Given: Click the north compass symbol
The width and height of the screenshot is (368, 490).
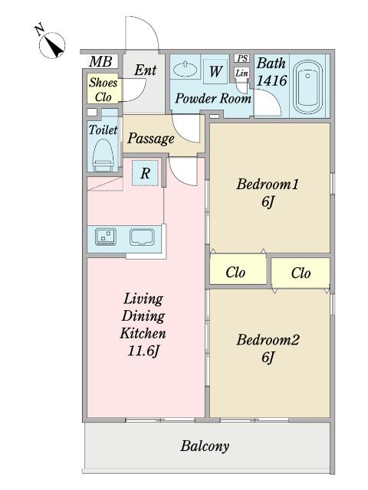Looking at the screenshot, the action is (51, 44).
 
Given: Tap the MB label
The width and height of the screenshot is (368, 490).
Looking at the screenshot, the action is (100, 61).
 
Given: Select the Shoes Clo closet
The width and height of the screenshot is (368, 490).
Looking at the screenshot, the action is (103, 89).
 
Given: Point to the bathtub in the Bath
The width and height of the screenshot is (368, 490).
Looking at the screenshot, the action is (308, 87).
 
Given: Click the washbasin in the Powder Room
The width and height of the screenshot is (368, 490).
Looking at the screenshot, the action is (186, 69).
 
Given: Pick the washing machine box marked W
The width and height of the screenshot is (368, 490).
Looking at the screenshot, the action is (215, 71).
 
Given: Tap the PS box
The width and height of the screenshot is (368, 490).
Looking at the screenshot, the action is (242, 58).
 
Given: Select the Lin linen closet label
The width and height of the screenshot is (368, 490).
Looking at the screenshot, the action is (242, 73).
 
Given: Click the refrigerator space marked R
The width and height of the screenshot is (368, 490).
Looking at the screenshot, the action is (145, 173).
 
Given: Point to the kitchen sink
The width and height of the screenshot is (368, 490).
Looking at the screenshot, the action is (142, 238).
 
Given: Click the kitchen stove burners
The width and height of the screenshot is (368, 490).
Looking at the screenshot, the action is (106, 237).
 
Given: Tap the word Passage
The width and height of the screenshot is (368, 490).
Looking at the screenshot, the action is (150, 139).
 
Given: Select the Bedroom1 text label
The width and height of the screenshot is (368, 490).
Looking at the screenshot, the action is (268, 184).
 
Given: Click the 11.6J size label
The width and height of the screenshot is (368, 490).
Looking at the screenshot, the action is (143, 351).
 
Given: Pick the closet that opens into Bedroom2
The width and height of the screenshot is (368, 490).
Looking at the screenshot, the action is (301, 273).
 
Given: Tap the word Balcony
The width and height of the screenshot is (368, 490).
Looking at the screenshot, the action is (205, 446).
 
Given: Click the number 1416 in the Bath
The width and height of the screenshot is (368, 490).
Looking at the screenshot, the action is (271, 80).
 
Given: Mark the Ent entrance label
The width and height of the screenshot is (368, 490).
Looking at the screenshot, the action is (145, 70).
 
